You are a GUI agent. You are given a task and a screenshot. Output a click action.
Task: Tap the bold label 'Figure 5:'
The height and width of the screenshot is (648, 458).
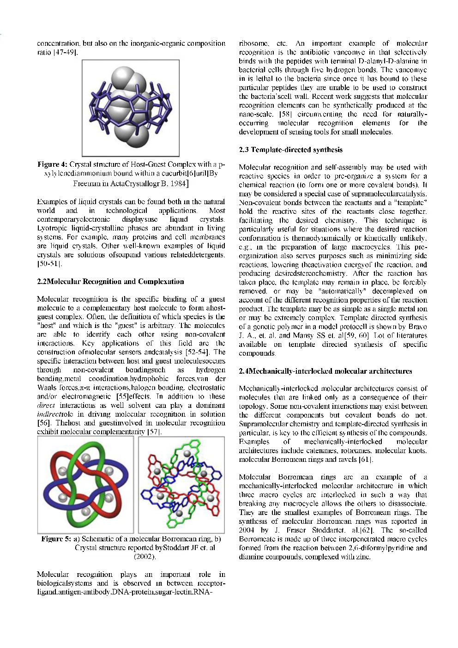coord(56,539)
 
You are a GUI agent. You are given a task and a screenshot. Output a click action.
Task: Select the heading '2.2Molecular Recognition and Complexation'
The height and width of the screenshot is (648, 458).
coord(110,281)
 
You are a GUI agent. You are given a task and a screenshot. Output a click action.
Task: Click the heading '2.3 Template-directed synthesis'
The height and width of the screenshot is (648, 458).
coord(290,150)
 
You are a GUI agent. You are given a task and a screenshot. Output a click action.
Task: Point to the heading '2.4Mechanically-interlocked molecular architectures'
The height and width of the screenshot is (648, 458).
coord(325,371)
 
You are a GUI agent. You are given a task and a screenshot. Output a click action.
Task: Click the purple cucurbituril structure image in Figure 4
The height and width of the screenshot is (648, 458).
coord(130,108)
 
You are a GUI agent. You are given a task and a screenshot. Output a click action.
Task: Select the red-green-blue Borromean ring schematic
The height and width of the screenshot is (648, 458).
coord(85,484)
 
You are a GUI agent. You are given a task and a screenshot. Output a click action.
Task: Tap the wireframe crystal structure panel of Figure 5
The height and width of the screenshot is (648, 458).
coord(181,484)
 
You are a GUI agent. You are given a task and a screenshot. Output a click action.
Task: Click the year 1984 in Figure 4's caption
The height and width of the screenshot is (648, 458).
coord(176,184)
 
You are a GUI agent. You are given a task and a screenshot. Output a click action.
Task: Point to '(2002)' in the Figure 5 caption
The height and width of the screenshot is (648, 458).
coord(145,557)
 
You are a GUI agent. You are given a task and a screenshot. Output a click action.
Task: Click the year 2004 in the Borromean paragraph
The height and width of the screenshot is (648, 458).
coord(247,530)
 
